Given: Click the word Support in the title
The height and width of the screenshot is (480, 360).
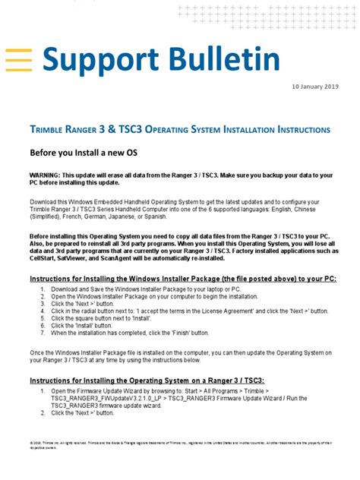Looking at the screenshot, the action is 106,58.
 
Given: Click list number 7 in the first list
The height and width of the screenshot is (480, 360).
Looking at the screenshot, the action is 43,333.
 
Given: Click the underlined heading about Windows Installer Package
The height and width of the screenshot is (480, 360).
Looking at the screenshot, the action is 182,279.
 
